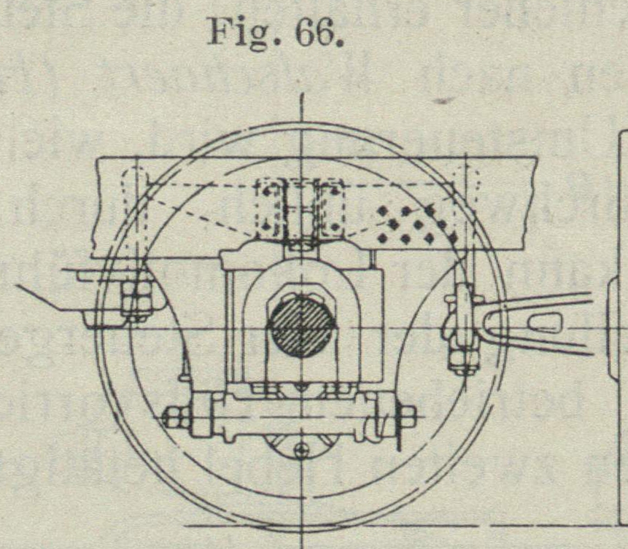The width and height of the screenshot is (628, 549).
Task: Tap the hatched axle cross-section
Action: (x=302, y=325)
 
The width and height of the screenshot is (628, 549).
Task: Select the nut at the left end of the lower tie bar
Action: (x=176, y=418)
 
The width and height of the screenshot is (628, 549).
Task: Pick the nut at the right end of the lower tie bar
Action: (x=406, y=417)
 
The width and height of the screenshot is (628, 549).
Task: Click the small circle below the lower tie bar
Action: (x=300, y=451)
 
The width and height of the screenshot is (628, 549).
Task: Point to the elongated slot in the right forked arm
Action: (x=546, y=322)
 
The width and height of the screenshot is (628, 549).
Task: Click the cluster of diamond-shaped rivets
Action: (x=416, y=222)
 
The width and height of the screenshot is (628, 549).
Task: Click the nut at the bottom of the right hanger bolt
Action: (x=464, y=359)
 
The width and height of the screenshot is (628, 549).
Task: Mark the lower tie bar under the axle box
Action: (x=292, y=417)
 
